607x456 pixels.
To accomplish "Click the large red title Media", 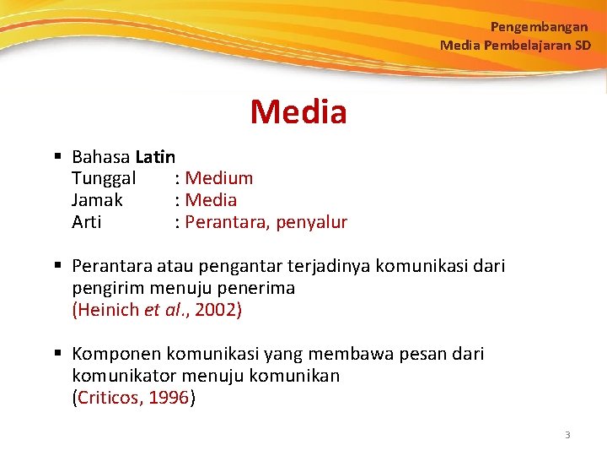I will pos(298,111).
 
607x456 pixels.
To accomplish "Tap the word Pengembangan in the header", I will pos(539,27).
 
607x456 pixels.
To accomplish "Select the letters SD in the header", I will pos(583,45).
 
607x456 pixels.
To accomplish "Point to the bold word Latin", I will pos(155,156).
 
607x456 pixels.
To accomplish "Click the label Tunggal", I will pos(104,178).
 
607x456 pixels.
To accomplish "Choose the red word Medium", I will pos(218,178).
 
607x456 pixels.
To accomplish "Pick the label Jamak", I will pos(97,200).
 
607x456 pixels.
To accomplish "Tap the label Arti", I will pos(87,222).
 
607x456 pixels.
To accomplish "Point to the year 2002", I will pos(216,310).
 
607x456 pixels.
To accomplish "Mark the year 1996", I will pos(169,398).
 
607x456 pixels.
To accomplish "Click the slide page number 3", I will pos(567,435).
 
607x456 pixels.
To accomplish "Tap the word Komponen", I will pos(116,354).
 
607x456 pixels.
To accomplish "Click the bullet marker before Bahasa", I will pos(57,156).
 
